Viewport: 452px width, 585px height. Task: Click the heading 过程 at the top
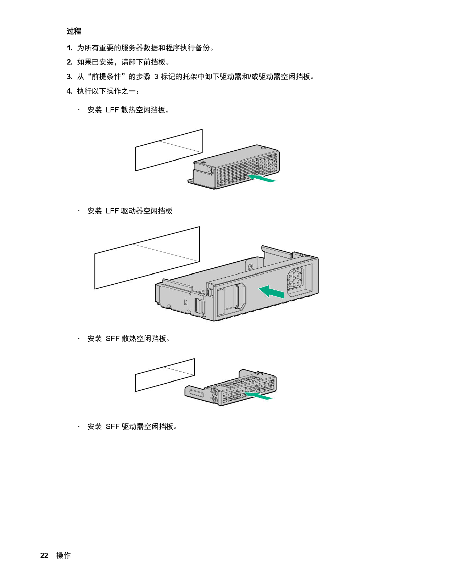pos(74,31)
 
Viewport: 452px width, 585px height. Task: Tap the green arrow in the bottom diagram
pos(258,396)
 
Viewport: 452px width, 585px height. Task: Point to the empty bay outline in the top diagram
pos(169,150)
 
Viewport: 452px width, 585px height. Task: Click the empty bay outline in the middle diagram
pos(147,258)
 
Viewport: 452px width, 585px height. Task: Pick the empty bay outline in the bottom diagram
pos(165,375)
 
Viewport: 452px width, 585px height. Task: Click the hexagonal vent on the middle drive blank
pos(295,278)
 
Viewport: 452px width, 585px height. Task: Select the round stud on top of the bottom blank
pos(260,373)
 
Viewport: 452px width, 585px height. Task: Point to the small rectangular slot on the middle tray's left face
pos(185,302)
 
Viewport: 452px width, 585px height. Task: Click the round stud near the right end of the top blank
pos(262,147)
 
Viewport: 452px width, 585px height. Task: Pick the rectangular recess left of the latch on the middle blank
pos(221,301)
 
